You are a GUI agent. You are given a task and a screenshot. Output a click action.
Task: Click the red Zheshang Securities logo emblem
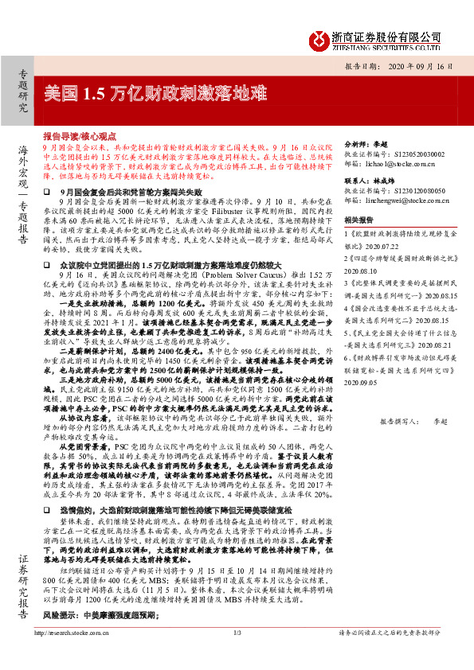pyautogui.click(x=319, y=39)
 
